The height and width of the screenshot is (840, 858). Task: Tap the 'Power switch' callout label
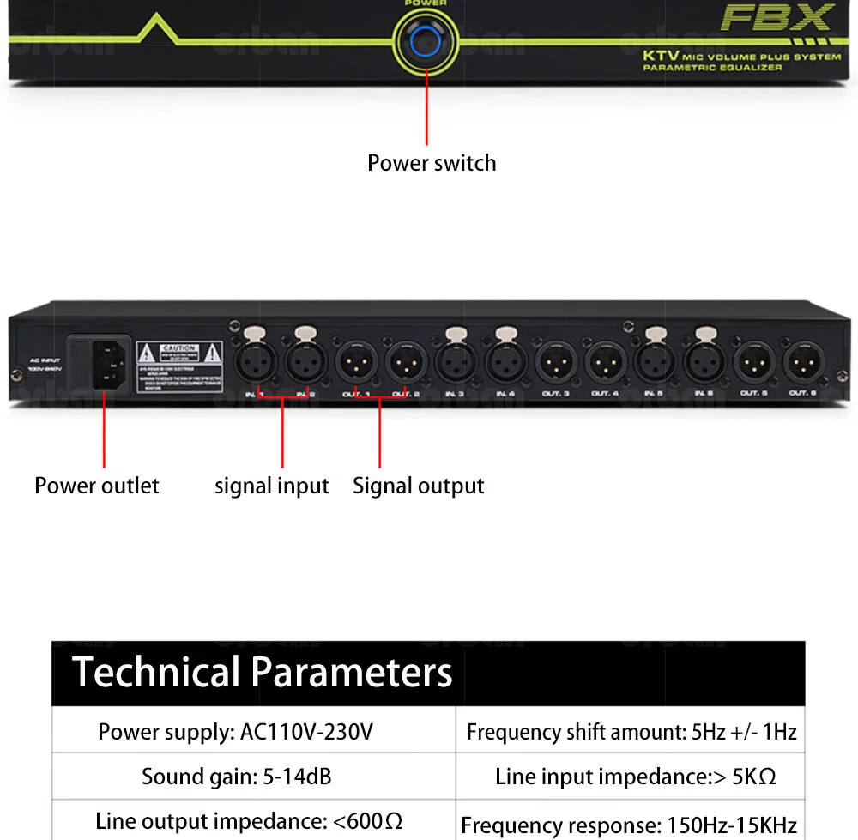tap(432, 163)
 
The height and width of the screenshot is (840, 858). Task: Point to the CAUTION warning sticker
tap(179, 366)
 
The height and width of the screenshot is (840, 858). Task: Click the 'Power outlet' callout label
tap(96, 486)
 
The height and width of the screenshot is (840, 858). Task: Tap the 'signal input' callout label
tap(271, 486)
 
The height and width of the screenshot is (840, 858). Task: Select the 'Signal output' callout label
tap(418, 486)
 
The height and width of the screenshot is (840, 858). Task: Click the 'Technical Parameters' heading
tap(262, 672)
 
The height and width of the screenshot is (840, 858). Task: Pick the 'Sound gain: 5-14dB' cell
tap(237, 777)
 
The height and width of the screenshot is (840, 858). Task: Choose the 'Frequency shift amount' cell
tap(631, 732)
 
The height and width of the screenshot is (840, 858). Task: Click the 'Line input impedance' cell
tap(635, 777)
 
